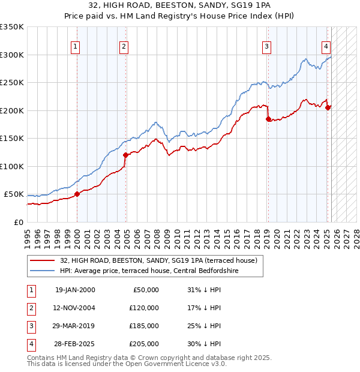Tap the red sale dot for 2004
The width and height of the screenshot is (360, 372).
click(x=126, y=155)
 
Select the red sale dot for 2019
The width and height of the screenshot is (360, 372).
click(x=268, y=119)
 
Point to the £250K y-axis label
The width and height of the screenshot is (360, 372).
click(x=12, y=83)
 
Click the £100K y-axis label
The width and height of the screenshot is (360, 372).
click(x=12, y=166)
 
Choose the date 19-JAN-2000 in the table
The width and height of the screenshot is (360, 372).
click(x=75, y=290)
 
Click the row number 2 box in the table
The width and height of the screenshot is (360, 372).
click(x=30, y=308)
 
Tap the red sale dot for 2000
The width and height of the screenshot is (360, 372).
click(x=77, y=194)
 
